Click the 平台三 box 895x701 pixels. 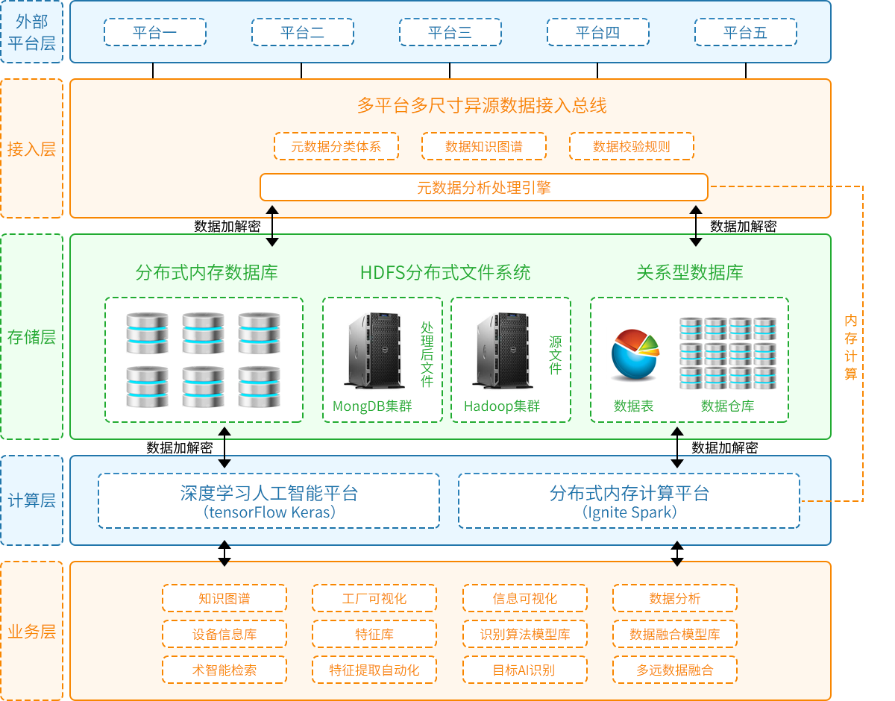tap(450, 32)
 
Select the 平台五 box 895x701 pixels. tap(745, 32)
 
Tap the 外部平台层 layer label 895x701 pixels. tap(31, 32)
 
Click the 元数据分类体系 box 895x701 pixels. tap(336, 146)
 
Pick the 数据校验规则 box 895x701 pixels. tap(631, 146)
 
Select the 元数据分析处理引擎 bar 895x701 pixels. tap(483, 187)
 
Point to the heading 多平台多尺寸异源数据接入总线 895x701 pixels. tap(482, 105)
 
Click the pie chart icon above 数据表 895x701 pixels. tap(635, 355)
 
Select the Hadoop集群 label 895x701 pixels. tap(501, 406)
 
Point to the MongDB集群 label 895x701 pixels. tap(372, 406)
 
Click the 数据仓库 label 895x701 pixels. tap(727, 406)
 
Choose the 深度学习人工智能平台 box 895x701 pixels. tap(268, 500)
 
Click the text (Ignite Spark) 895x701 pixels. tap(629, 513)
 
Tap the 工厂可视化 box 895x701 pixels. tap(374, 598)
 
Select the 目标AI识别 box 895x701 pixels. tap(524, 670)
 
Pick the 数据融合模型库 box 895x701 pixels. tap(674, 634)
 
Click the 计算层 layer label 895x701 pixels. tap(31, 500)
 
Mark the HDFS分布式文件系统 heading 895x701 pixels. tap(445, 272)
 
